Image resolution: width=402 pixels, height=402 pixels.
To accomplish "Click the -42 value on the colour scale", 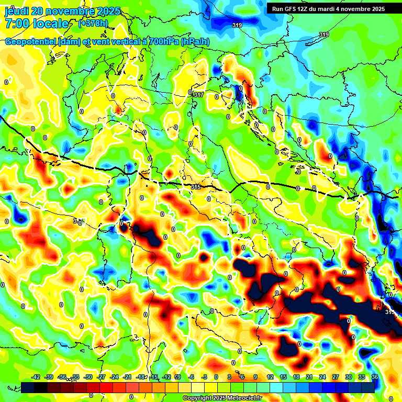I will tap(36, 377).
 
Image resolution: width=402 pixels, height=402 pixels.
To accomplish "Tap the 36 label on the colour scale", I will tap(375, 377).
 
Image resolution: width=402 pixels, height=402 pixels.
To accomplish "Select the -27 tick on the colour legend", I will tap(102, 377).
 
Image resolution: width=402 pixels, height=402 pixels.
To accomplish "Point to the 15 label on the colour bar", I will tap(283, 377).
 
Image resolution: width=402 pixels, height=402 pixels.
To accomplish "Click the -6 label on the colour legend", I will tap(192, 377).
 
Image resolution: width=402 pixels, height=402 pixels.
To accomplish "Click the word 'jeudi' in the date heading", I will tap(16, 11).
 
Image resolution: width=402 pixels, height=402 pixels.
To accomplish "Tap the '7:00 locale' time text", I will tap(37, 24).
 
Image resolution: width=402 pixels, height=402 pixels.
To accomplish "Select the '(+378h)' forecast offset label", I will tap(94, 24).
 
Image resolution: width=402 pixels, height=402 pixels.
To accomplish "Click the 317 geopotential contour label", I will tap(198, 94).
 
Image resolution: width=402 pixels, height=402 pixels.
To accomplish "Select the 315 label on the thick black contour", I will tap(196, 187).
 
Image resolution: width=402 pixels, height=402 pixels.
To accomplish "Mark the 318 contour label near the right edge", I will tap(390, 312).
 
